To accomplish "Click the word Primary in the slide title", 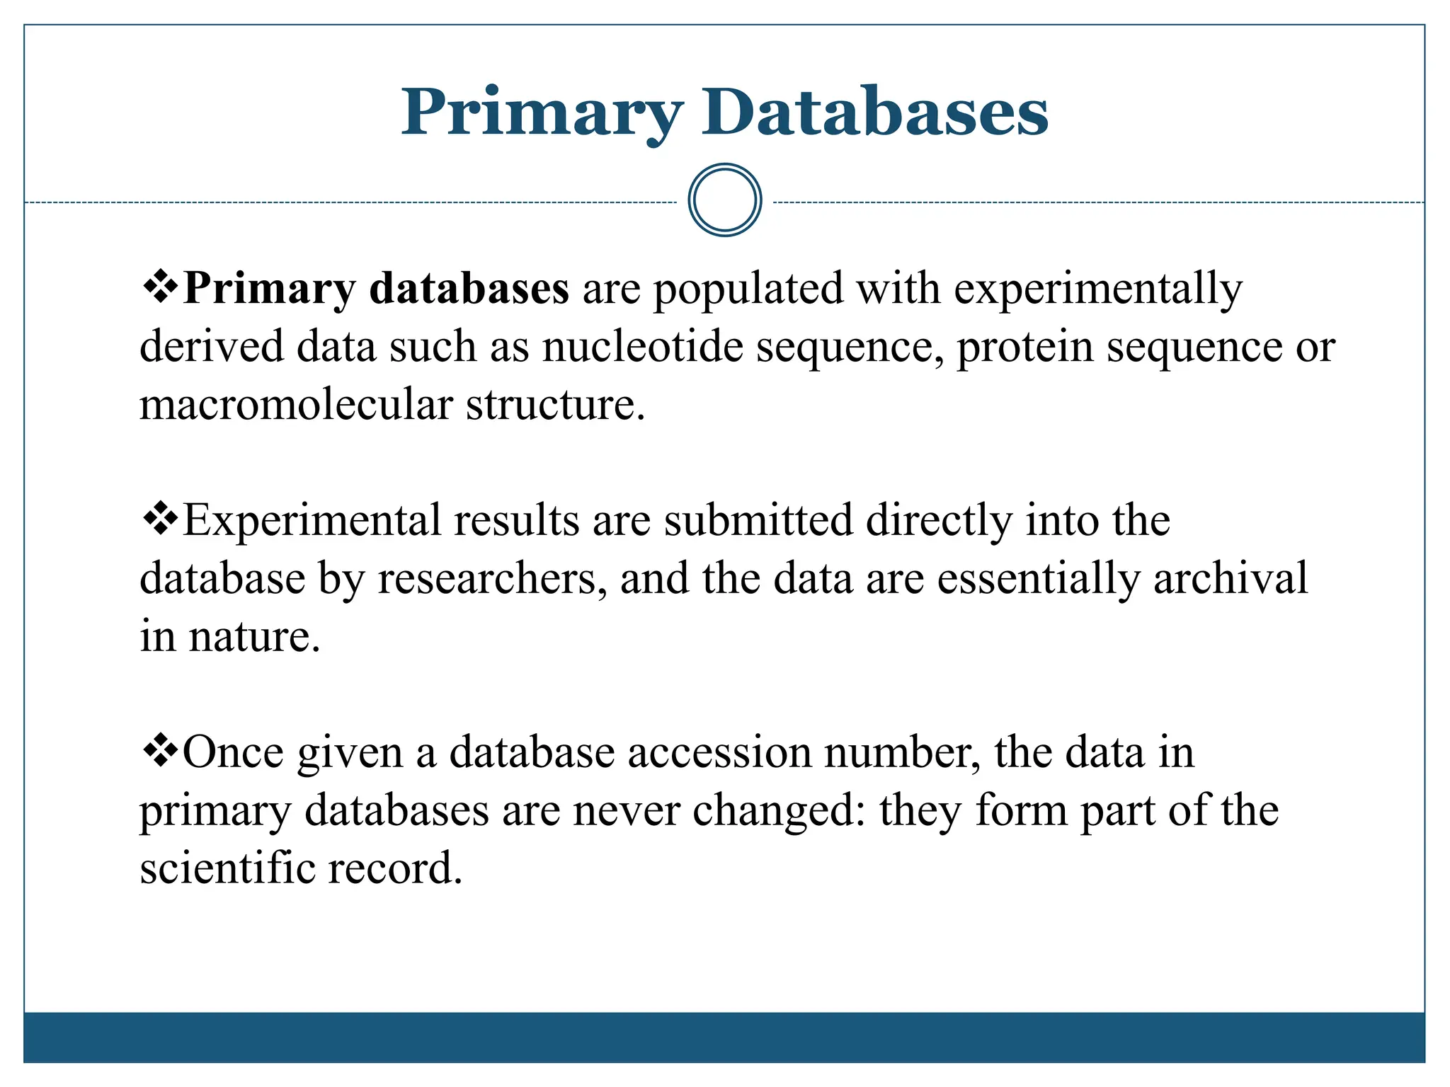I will coord(542,113).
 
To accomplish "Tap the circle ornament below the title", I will coord(724,200).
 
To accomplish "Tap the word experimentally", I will coord(1098,290).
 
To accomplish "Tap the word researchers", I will coord(492,579).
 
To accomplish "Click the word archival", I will coord(1231,579).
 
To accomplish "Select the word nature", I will coord(253,637).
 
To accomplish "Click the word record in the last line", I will coord(394,868).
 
